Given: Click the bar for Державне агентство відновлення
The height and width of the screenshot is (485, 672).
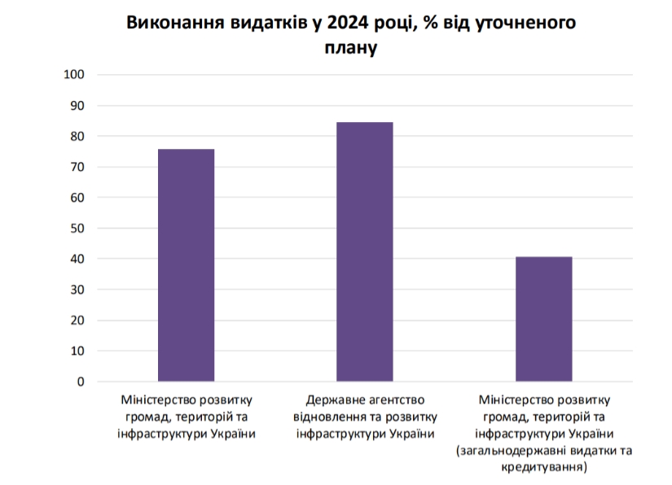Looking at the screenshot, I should point(365,251).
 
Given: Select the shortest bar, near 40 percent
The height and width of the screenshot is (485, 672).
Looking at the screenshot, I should point(544,319).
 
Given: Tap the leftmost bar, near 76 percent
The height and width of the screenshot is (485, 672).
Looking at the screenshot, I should point(186,265).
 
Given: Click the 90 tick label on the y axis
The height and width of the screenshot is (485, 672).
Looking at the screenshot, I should point(77,106).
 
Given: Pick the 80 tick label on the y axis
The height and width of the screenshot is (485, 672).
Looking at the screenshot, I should point(77,137).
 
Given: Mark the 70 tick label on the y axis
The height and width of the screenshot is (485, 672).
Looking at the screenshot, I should point(77,167).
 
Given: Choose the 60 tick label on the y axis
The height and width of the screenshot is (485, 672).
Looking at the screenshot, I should point(77,198).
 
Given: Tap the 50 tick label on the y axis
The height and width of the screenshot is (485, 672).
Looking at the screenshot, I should point(77,229).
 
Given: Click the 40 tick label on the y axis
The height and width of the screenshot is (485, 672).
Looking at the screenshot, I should point(77,259).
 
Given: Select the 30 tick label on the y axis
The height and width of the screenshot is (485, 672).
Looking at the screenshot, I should point(77,290).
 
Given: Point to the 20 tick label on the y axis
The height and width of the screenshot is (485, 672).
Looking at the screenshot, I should point(77,321).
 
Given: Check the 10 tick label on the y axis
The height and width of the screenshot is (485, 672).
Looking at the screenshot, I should point(77,351).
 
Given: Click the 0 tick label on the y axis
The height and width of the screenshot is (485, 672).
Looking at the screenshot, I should point(81,382).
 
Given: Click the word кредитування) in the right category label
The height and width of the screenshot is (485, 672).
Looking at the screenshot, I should point(544,467).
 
